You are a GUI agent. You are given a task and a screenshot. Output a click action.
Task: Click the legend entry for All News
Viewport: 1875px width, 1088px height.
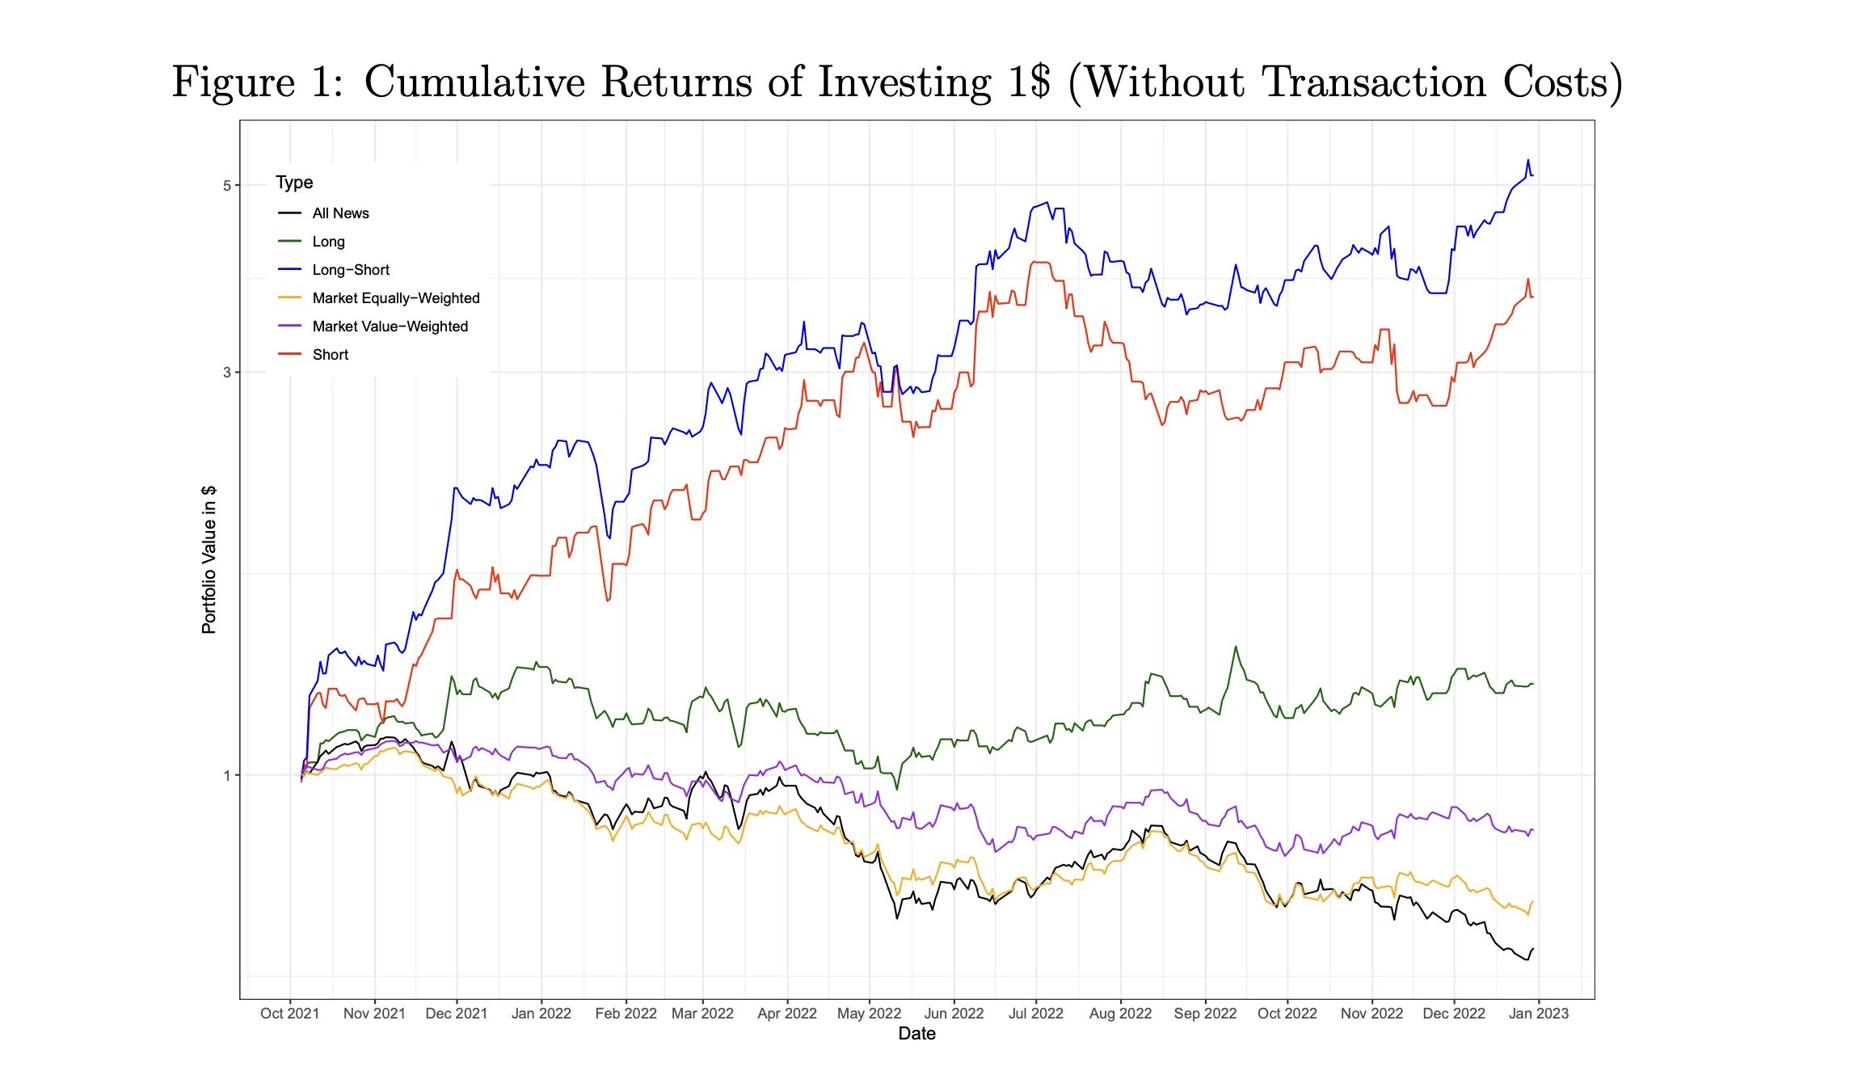pos(340,213)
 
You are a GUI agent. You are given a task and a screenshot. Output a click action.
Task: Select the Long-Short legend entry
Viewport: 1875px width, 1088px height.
pos(351,270)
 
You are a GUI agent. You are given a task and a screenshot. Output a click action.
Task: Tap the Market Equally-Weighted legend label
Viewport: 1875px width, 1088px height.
pos(396,298)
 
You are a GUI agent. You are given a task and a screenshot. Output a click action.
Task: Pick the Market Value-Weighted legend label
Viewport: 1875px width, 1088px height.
pos(390,327)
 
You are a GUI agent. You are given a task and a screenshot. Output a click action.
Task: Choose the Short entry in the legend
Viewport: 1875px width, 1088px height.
pos(330,355)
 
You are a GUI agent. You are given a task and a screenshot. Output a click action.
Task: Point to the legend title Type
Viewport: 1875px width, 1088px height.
pos(294,183)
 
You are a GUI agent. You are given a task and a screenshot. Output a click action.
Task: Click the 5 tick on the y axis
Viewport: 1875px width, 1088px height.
pos(227,186)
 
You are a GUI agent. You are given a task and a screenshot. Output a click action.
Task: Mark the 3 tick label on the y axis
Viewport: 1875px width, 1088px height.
pos(227,373)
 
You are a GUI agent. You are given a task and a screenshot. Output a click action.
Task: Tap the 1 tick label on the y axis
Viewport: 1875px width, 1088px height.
pos(227,776)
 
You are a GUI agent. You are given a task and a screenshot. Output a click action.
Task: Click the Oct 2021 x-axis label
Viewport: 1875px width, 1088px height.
pos(289,1014)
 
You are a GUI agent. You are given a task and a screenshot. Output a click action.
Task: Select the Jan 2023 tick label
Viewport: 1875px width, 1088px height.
pos(1538,1014)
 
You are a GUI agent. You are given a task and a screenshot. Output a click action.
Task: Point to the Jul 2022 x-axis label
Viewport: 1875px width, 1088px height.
pos(1035,1014)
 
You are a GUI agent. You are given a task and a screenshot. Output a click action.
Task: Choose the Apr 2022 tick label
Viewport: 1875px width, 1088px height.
pos(786,1014)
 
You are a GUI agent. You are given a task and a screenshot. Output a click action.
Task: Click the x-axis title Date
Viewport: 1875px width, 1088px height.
pos(916,1034)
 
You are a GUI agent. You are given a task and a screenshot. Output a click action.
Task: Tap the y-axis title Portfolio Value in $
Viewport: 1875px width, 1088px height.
pos(209,559)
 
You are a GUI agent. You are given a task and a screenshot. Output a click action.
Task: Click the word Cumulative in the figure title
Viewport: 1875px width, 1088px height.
pos(474,82)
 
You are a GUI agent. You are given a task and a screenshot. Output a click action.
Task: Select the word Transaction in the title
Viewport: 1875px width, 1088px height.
pos(1373,82)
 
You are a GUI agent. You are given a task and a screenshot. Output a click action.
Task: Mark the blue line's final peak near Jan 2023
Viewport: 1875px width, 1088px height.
pos(1527,160)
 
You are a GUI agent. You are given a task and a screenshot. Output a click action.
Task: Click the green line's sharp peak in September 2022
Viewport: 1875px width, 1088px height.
pos(1235,647)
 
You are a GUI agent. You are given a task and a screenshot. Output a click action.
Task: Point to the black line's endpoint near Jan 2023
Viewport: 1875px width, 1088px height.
pos(1532,950)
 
